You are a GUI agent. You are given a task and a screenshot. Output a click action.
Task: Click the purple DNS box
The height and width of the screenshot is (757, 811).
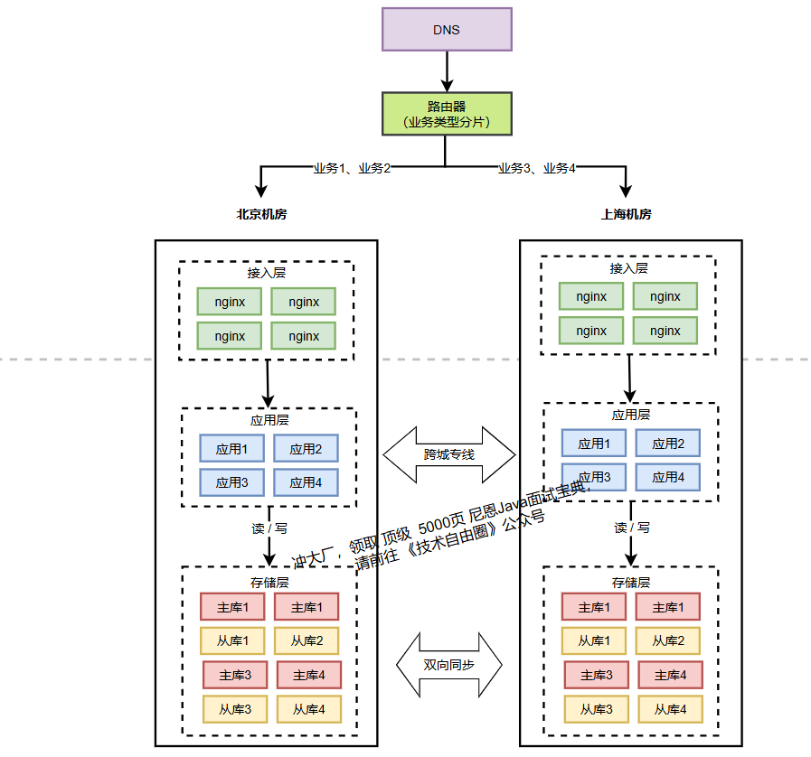pos(447,29)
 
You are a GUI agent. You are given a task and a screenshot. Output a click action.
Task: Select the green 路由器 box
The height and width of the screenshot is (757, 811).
pos(447,114)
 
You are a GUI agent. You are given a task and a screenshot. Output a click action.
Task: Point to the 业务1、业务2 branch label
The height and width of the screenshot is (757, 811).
pos(352,168)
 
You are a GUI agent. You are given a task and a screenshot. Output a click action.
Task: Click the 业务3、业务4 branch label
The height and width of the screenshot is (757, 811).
pos(537,168)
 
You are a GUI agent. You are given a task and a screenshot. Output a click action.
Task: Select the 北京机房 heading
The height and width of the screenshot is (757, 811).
pos(262,215)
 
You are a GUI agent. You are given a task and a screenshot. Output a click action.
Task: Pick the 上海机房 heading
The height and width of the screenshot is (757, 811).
pos(627,215)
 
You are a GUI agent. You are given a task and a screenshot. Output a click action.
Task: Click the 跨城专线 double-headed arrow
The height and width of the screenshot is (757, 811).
pos(449,454)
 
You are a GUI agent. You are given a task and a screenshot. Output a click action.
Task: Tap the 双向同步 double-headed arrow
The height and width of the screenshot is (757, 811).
pos(449,664)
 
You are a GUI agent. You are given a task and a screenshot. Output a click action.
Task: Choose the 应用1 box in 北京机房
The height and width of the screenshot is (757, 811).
pos(232,449)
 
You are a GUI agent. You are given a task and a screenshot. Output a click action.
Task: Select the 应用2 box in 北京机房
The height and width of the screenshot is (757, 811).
pos(306,449)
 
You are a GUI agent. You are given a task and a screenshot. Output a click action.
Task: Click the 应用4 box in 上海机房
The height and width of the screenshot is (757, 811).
pos(668,477)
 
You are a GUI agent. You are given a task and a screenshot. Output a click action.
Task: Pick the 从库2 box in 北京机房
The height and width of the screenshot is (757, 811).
pos(306,640)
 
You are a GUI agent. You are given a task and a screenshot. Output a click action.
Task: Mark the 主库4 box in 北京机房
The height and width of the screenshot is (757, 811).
pos(308,675)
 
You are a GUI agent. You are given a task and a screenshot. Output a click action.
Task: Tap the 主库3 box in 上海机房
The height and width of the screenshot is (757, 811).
pos(597,675)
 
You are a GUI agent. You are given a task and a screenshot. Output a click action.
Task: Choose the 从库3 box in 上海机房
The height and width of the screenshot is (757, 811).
pos(597,709)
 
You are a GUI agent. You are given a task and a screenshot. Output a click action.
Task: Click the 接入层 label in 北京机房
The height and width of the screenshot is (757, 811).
pos(267,273)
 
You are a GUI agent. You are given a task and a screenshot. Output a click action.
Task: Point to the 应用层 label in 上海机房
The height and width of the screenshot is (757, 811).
pos(630,415)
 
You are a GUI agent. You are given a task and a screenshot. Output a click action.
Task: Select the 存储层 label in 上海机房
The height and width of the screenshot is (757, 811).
pos(630,583)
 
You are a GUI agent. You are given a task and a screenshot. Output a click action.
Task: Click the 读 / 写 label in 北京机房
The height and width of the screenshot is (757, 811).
pos(269,528)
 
